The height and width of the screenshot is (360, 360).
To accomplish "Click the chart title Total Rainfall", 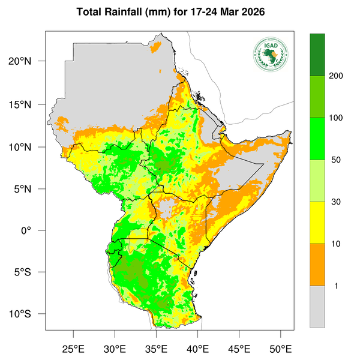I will tap(180, 12).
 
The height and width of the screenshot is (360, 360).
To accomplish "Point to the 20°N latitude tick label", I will tap(28, 62).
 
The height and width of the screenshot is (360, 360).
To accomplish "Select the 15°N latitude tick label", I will tap(28, 104).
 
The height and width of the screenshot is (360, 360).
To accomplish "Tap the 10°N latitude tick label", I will tap(28, 147).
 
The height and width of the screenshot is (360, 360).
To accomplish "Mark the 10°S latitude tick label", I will tap(28, 314).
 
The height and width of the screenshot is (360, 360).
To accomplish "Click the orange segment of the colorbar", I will tap(317, 265).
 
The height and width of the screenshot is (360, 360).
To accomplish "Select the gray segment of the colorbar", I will tap(317, 306).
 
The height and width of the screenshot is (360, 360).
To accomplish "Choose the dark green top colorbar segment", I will tap(317, 55).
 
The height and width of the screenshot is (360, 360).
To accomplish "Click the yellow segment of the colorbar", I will tap(317, 223).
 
